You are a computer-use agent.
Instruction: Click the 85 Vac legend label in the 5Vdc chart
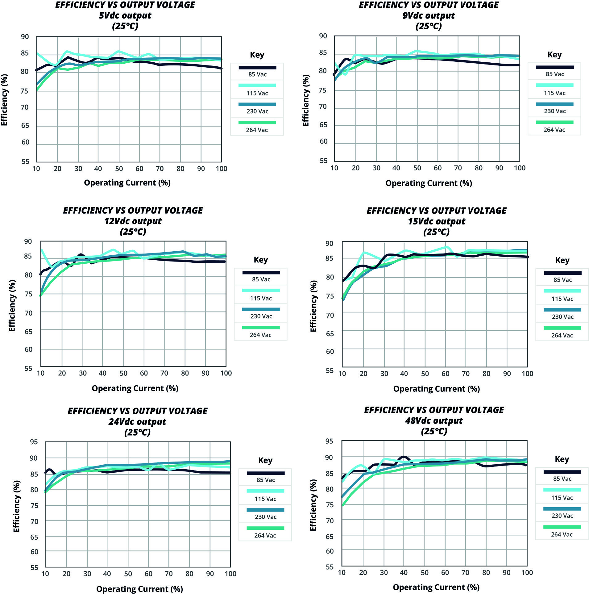(x=257, y=74)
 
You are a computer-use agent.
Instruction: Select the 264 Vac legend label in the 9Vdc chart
(x=554, y=130)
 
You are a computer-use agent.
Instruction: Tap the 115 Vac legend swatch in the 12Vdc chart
(x=261, y=291)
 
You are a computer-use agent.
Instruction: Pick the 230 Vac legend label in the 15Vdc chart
(x=562, y=317)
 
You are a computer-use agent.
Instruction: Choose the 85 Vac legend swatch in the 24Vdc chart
(x=265, y=473)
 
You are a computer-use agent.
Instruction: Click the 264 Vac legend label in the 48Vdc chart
(x=562, y=534)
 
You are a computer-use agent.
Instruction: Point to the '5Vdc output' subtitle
(x=125, y=15)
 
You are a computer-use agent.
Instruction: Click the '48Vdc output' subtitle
(x=434, y=421)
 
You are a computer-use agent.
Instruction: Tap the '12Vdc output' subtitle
(x=133, y=221)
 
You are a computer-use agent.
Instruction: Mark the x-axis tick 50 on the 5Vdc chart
(x=119, y=169)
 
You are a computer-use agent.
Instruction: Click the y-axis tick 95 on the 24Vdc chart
(x=34, y=442)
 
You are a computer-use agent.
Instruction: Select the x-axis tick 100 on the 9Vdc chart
(x=520, y=168)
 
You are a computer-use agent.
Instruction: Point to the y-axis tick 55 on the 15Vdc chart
(x=330, y=370)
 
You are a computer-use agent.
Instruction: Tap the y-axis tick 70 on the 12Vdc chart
(x=28, y=313)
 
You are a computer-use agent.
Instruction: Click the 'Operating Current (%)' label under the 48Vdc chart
(x=436, y=587)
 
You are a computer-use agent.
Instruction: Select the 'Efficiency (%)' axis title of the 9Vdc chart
(x=305, y=100)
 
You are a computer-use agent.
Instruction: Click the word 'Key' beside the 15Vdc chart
(x=562, y=260)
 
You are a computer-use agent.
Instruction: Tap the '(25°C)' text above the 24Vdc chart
(x=137, y=432)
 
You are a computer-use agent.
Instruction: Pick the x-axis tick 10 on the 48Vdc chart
(x=342, y=573)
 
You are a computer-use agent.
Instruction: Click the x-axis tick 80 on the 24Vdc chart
(x=189, y=574)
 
